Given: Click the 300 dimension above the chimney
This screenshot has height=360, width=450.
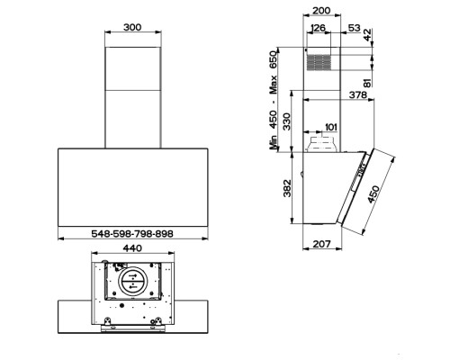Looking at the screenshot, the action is (132, 27).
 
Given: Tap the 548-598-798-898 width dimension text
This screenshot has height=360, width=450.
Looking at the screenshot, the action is (132, 234).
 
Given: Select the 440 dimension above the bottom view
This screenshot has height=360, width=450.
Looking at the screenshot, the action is (132, 248).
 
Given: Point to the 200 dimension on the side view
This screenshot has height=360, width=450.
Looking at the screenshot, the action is (321, 11).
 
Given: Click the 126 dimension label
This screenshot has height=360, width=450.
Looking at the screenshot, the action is (319, 28).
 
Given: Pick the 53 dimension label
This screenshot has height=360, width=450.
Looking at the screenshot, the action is (355, 28).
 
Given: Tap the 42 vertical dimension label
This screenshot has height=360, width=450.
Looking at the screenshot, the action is (367, 34).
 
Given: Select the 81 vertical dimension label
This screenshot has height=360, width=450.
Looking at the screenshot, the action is (367, 83).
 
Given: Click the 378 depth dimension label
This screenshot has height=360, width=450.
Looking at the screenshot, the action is (358, 94).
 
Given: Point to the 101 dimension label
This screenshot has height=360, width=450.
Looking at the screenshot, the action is (331, 127).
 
